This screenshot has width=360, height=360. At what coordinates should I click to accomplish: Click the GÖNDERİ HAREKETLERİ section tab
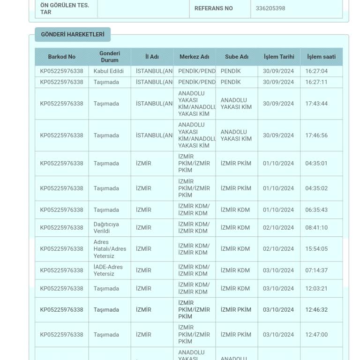[73, 35]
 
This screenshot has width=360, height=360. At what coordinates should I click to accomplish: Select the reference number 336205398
[270, 8]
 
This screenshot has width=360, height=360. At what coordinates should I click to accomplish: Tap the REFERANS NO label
[213, 8]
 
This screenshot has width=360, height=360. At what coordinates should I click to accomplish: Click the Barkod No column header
[61, 57]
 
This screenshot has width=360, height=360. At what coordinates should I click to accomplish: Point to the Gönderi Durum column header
[110, 57]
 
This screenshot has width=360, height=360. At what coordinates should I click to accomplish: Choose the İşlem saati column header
[321, 57]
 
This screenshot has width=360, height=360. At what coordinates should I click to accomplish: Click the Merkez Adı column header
[194, 57]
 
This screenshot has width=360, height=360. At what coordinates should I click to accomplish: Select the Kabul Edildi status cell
[109, 71]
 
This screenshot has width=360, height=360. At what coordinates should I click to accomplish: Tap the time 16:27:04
[316, 71]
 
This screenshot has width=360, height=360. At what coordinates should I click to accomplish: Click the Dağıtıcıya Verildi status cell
[106, 228]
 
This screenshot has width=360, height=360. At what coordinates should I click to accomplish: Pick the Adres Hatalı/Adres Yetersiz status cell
[110, 249]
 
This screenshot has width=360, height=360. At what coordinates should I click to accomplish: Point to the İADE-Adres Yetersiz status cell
[108, 270]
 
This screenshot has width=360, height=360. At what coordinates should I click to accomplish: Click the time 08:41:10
[316, 228]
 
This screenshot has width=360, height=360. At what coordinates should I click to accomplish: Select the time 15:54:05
[316, 249]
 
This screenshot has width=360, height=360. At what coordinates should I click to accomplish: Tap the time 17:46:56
[316, 135]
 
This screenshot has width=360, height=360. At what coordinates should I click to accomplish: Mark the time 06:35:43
[316, 210]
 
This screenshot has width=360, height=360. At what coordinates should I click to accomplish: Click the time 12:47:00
[316, 335]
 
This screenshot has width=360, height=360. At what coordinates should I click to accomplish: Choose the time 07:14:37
[316, 270]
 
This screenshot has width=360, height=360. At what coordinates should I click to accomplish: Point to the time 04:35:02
[316, 188]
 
